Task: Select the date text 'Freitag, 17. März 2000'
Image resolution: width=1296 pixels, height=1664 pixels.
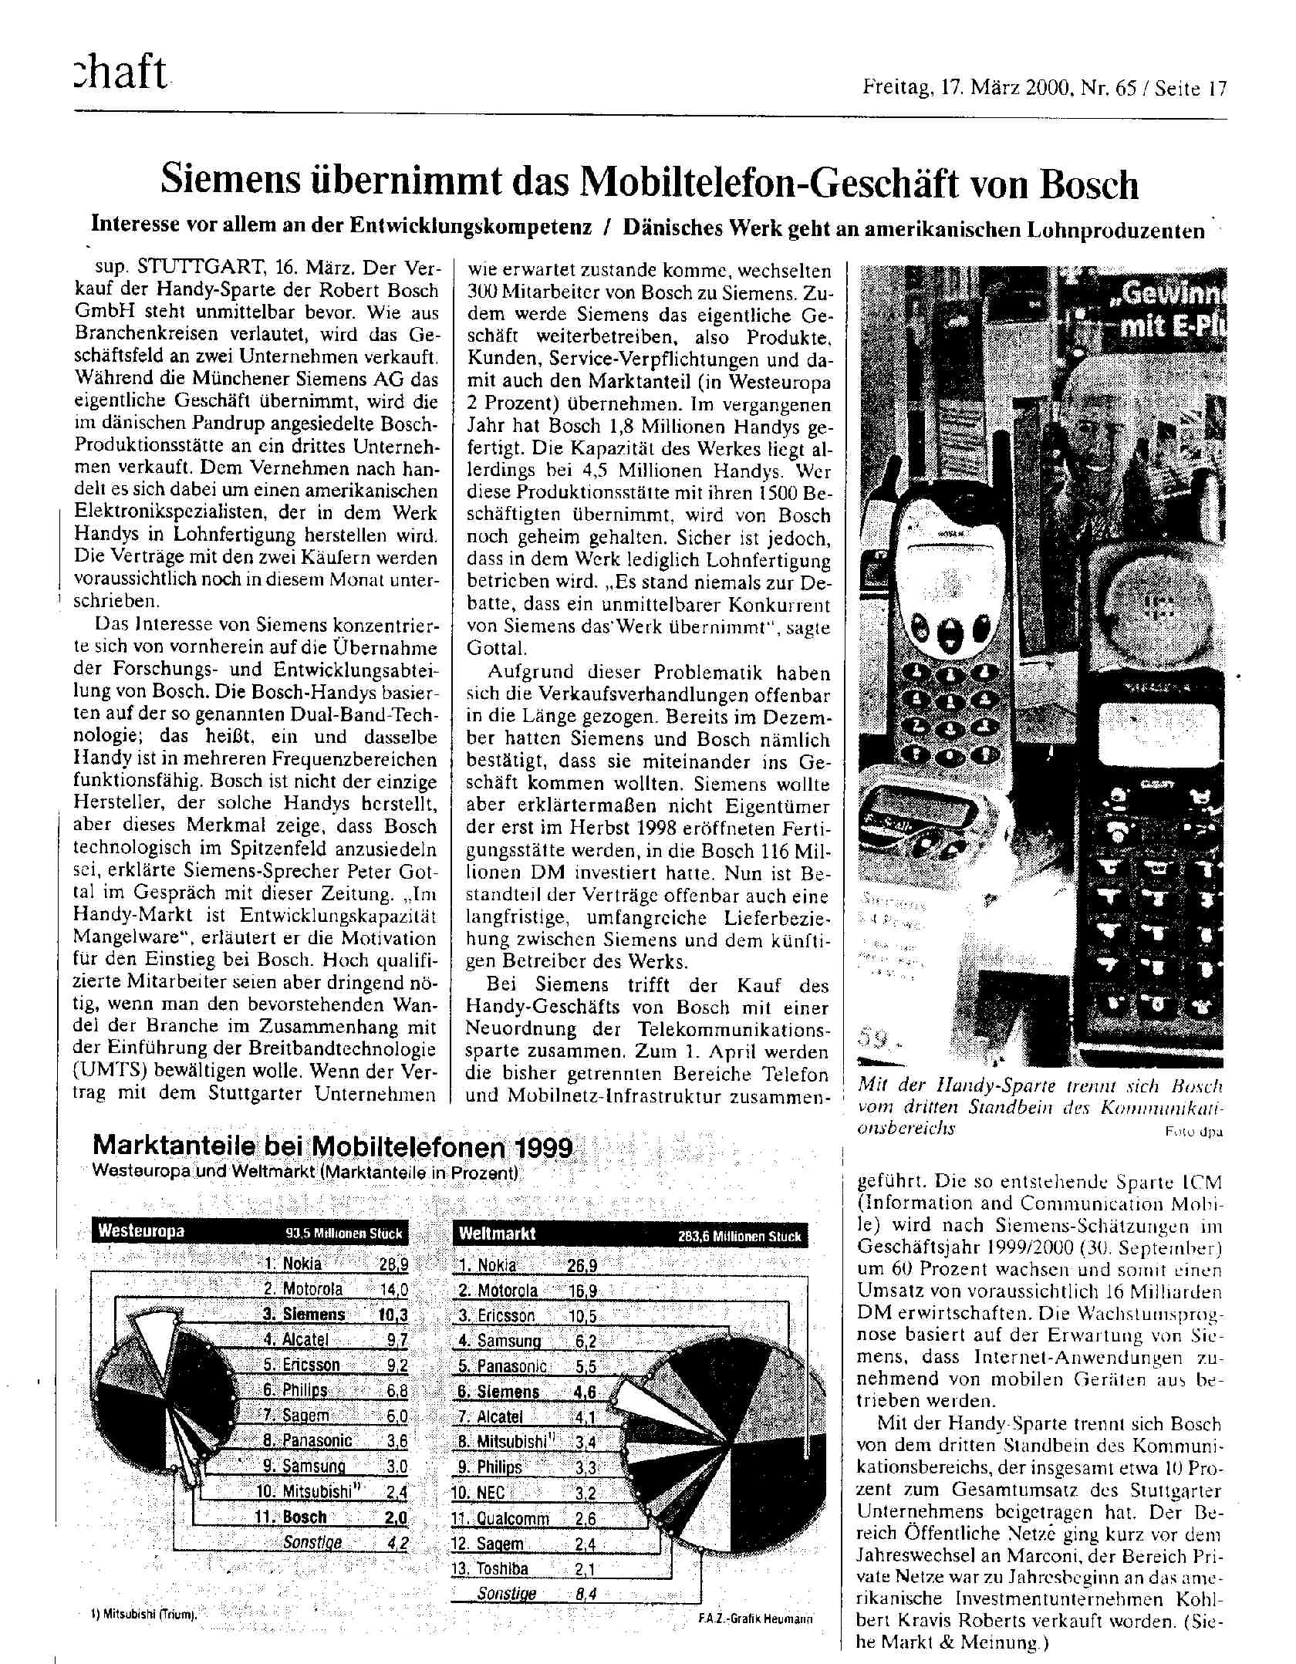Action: click(967, 89)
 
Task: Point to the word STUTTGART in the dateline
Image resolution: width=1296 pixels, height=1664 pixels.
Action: click(202, 269)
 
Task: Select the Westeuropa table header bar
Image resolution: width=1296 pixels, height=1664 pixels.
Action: click(250, 1231)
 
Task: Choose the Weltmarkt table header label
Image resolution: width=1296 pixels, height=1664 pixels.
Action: click(498, 1234)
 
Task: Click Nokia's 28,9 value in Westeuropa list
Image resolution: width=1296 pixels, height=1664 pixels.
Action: click(393, 1264)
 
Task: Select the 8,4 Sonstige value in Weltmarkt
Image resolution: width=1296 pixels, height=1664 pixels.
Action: click(586, 1594)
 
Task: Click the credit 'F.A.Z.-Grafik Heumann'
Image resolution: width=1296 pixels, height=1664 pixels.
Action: click(754, 1618)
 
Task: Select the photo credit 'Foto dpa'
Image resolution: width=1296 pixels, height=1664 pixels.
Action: click(1194, 1132)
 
